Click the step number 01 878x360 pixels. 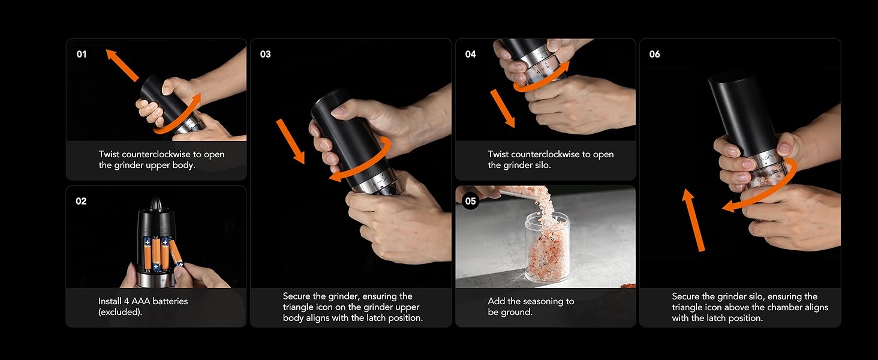82,55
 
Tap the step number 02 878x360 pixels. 82,202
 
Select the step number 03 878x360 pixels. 265,55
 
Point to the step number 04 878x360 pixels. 470,55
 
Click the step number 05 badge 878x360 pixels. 471,201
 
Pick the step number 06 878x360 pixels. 654,55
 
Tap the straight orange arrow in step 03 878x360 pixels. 290,142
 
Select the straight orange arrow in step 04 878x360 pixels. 503,109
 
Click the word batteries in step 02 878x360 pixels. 167,301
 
